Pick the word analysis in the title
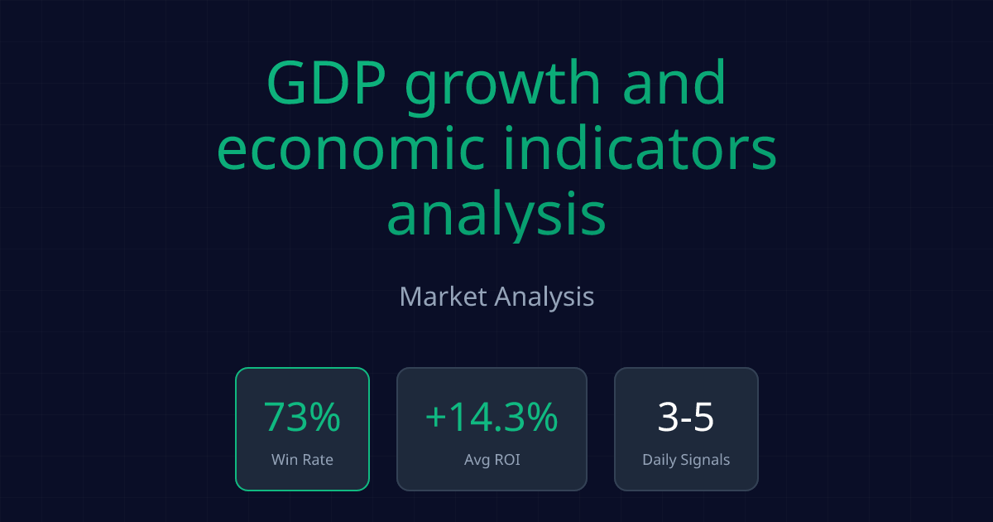(x=496, y=213)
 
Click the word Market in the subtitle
(x=443, y=296)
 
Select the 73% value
(x=302, y=417)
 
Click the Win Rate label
(x=302, y=459)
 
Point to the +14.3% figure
(x=492, y=417)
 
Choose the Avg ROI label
(x=492, y=459)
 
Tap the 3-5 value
(x=686, y=417)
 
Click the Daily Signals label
(x=686, y=459)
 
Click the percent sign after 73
(x=324, y=417)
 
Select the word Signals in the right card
(x=704, y=459)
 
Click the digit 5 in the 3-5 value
(x=703, y=417)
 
